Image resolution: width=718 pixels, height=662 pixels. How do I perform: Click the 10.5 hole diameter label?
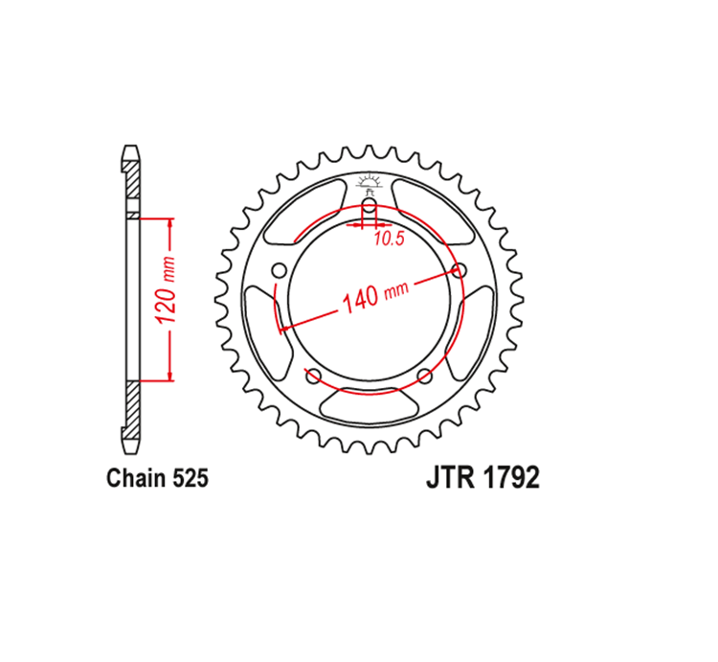(x=390, y=239)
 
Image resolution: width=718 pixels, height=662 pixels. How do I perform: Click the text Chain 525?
(x=157, y=478)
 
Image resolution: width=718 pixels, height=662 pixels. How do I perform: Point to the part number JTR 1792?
(x=483, y=478)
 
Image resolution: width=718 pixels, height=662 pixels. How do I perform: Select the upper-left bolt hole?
(x=279, y=271)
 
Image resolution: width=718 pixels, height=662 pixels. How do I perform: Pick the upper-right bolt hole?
(x=459, y=271)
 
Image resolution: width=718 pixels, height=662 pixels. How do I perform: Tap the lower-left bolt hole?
(x=313, y=377)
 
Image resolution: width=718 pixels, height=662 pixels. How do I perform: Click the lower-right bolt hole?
(x=425, y=377)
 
